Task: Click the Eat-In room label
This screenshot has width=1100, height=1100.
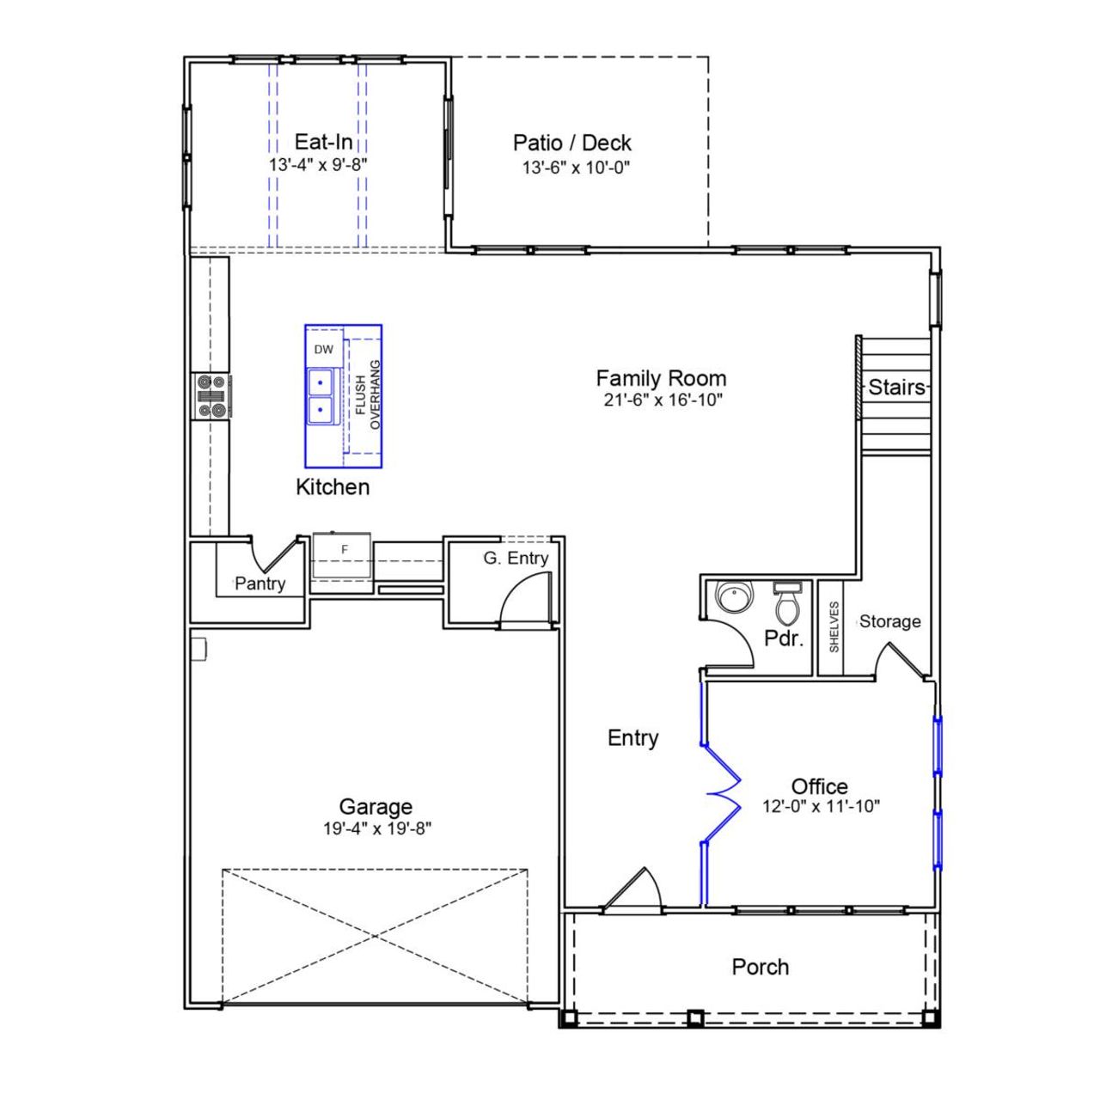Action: (323, 142)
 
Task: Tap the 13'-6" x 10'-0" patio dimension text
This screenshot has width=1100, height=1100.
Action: (576, 168)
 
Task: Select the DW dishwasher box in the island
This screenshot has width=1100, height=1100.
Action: (323, 350)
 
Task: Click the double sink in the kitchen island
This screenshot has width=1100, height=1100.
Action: (321, 394)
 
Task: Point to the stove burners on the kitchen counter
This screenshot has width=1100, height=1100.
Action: (211, 396)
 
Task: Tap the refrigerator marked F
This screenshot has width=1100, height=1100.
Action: (344, 550)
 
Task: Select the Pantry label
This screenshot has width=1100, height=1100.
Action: (260, 584)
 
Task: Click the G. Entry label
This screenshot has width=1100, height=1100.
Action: (515, 558)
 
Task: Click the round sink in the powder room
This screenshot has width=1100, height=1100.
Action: (735, 596)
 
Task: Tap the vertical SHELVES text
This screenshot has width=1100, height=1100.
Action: (834, 626)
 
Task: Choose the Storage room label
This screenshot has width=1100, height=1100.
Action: (889, 621)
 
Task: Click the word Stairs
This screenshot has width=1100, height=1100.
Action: (895, 387)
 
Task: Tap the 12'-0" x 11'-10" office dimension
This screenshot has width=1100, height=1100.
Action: (820, 807)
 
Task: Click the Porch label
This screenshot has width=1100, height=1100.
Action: (760, 967)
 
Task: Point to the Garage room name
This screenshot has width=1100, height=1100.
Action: (376, 806)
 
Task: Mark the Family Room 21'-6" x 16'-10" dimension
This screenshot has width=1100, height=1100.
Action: (662, 400)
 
